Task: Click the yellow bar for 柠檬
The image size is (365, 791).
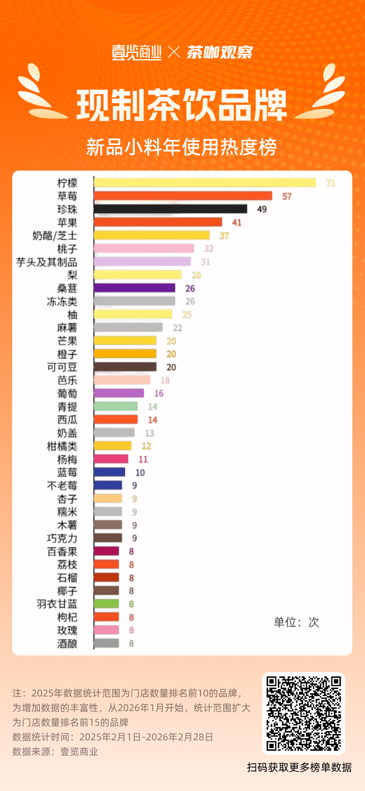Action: click(205, 183)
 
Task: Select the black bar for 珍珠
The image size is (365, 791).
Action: click(170, 209)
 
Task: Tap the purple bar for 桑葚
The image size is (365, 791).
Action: click(134, 288)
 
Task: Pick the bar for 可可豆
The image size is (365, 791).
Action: click(125, 367)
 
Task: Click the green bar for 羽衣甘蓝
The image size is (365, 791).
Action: click(107, 604)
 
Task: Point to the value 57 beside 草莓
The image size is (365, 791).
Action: click(287, 196)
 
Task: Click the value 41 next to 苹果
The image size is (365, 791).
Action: click(237, 223)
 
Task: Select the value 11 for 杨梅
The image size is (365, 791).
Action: click(143, 460)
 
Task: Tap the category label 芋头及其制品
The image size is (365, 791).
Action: click(47, 262)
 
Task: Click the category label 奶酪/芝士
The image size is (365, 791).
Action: click(55, 236)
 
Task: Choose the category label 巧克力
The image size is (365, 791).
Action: click(62, 539)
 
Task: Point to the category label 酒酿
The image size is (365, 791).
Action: click(67, 644)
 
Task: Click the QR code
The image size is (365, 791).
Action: click(304, 713)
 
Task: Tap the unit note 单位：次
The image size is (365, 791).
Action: click(296, 622)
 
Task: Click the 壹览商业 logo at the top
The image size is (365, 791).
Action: click(137, 52)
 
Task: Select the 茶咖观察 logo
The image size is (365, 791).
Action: click(220, 52)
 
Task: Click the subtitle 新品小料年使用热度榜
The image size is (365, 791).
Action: click(182, 147)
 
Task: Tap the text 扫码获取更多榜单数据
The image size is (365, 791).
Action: click(299, 768)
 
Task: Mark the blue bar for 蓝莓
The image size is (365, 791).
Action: click(109, 472)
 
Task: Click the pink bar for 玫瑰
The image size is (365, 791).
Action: click(107, 630)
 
